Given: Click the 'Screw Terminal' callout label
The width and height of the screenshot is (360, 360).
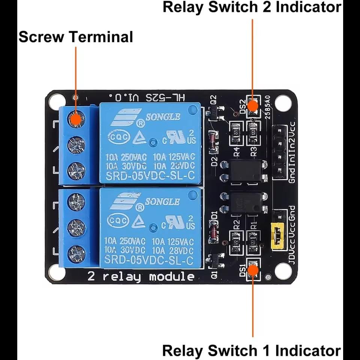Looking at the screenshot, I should coord(75,37).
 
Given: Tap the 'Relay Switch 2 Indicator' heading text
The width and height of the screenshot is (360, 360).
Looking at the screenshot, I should coord(252,7).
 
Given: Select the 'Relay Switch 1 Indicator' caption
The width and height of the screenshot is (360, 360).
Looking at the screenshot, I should coord(252,351).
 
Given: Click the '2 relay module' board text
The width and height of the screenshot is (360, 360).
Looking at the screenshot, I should coord(141,277).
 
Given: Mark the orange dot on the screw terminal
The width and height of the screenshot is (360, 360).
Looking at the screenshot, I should coord(76,119).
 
